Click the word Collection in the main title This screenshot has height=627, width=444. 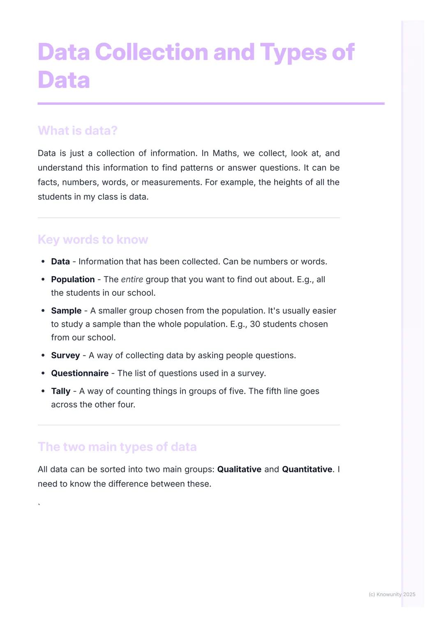(152, 52)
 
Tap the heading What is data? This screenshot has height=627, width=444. (77, 130)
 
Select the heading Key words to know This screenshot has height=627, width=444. (92, 239)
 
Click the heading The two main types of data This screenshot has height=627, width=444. (117, 446)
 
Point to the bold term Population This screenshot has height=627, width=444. (73, 279)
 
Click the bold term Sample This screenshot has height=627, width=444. (66, 311)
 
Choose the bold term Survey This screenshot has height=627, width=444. (65, 355)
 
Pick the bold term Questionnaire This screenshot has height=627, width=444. (80, 373)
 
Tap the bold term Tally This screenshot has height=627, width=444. (60, 391)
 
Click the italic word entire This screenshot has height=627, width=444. (132, 279)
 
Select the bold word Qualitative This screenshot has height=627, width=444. (239, 469)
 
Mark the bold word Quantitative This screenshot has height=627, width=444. (307, 469)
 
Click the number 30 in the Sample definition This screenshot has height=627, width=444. (255, 324)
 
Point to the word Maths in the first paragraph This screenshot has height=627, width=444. (225, 153)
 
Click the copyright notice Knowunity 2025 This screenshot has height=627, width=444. (392, 594)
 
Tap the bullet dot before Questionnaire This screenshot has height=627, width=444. (43, 373)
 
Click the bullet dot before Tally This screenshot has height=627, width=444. (43, 391)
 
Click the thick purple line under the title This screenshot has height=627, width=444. (211, 103)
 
